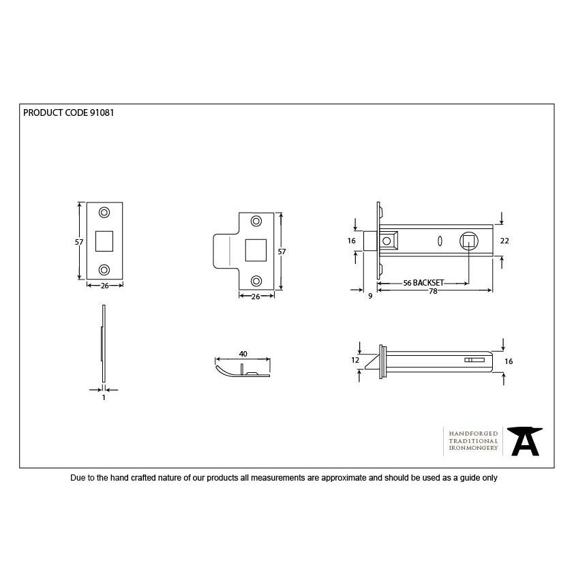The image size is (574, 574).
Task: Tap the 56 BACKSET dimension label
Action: point(423,282)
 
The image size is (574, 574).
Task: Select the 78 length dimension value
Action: point(433,291)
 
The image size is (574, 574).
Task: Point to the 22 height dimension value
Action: point(505,241)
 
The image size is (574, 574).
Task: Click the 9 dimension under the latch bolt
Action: point(369,297)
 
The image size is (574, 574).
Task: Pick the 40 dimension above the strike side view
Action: point(243,354)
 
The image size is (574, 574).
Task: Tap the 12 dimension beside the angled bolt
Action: point(354,359)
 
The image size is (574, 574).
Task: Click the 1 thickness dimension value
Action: point(104,397)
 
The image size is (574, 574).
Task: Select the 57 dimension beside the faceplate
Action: point(79,241)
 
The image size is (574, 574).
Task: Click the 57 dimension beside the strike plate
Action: point(282,252)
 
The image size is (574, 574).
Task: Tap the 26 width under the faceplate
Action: point(105,286)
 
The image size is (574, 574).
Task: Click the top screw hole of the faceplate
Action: point(104,212)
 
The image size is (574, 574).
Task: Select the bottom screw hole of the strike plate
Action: point(256,281)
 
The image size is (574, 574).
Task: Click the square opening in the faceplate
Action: point(104,241)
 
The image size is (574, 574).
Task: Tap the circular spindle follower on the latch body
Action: point(469,241)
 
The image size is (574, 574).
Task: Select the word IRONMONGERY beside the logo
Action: point(474,449)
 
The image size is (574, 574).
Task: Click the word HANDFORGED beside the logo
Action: point(474,434)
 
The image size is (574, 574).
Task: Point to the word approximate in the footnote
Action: point(344,479)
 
